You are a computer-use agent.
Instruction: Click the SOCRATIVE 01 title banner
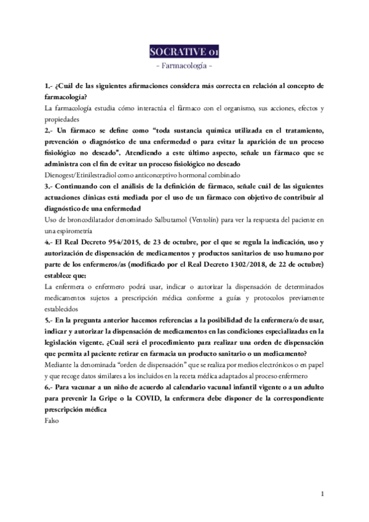click(184, 50)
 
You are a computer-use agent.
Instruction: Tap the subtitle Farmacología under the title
click(184, 64)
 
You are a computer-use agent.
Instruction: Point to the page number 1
click(322, 494)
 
